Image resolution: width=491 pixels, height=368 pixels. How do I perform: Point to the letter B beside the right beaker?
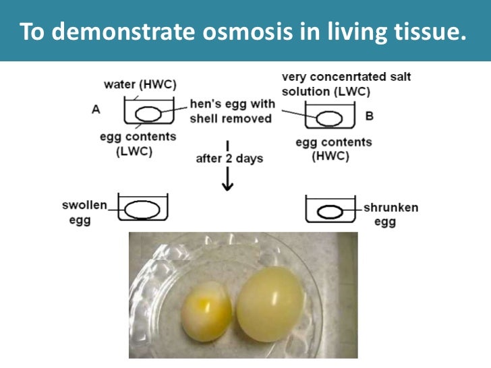coord(369,116)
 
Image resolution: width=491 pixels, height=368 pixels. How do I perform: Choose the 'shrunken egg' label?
coord(390,214)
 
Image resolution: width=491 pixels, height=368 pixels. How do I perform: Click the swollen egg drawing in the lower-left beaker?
coord(144,208)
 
